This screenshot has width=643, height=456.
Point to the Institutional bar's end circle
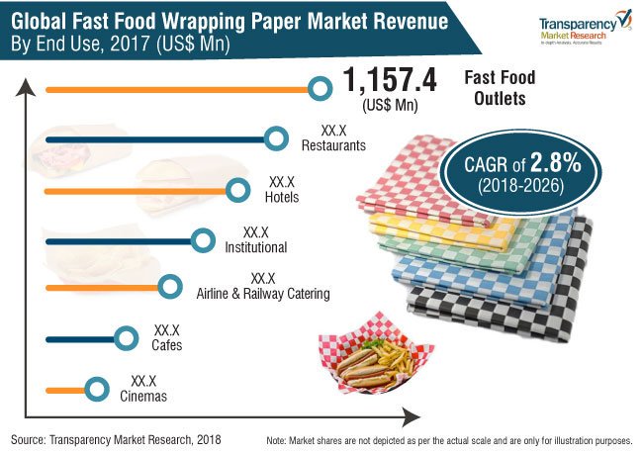[x=203, y=239]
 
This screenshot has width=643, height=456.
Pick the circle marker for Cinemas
[x=96, y=390]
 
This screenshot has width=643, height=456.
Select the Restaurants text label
[x=333, y=144]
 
